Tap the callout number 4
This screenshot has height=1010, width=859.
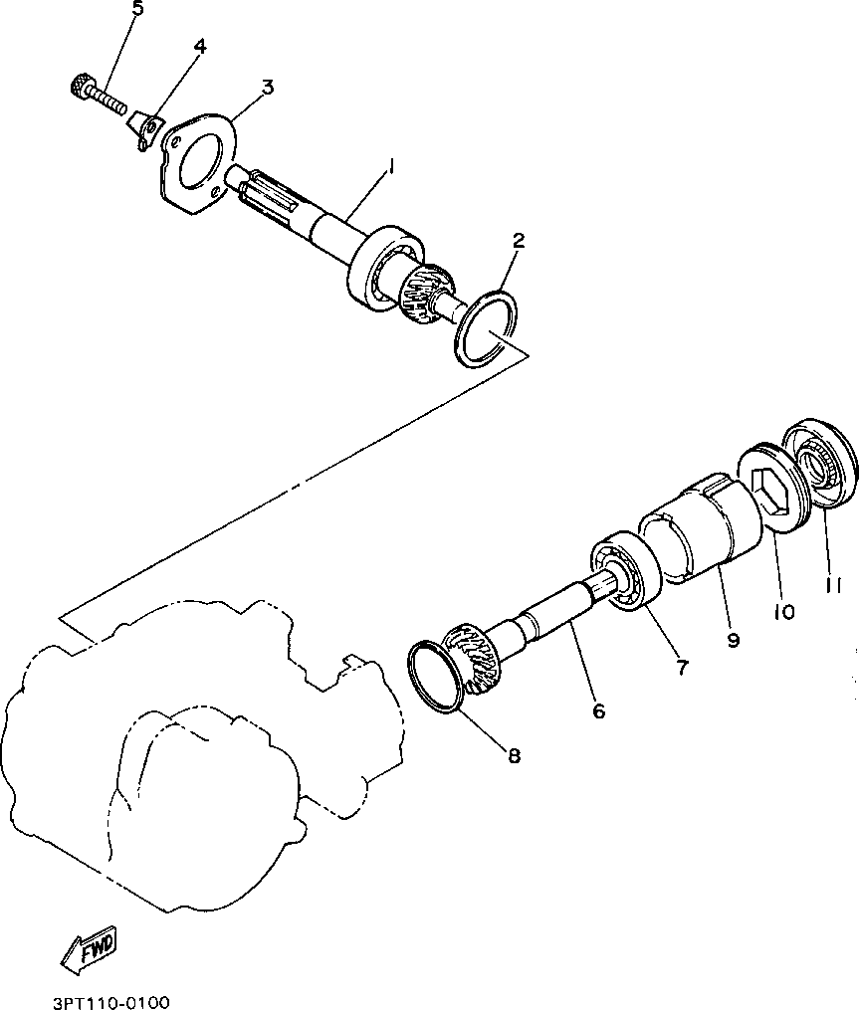[x=200, y=47]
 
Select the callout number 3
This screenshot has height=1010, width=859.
[x=267, y=89]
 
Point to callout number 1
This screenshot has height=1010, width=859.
[x=390, y=167]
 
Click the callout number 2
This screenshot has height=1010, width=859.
[x=519, y=240]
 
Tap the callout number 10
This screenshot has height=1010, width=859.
[x=783, y=611]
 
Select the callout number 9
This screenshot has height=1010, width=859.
[x=733, y=641]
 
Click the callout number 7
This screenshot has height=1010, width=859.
[x=682, y=668]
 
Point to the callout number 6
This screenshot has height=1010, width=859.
[x=598, y=711]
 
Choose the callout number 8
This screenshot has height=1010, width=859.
[x=514, y=756]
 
